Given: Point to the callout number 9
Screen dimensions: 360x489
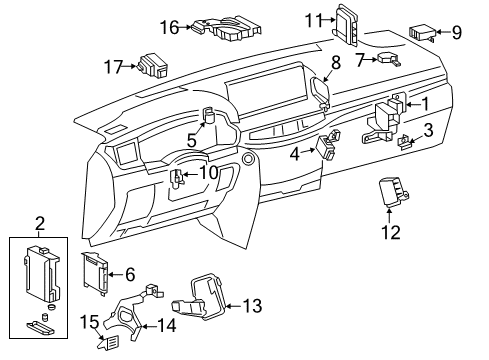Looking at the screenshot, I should (x=456, y=32).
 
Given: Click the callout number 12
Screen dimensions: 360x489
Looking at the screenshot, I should (x=390, y=233).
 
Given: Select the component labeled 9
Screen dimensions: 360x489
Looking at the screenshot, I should (x=420, y=32).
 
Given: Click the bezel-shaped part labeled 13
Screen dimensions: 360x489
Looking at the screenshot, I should (x=206, y=305).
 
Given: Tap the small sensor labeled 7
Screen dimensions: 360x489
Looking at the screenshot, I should (x=386, y=60).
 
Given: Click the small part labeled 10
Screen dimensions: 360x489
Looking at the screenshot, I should (x=177, y=181).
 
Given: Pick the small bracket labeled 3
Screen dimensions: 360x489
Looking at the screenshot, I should (x=405, y=143).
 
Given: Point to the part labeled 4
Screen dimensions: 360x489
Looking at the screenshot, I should (x=327, y=148).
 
